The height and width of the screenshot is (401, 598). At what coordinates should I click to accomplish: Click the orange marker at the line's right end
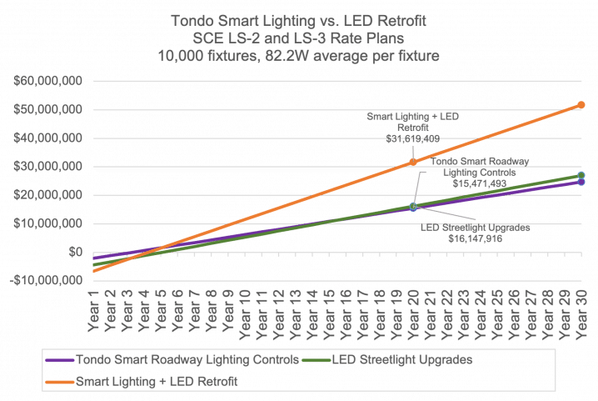(x=581, y=106)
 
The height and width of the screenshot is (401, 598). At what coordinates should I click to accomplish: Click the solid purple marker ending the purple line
(x=581, y=181)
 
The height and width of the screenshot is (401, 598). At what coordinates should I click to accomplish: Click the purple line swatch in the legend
(x=59, y=361)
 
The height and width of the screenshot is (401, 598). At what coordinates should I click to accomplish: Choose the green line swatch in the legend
(x=310, y=361)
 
